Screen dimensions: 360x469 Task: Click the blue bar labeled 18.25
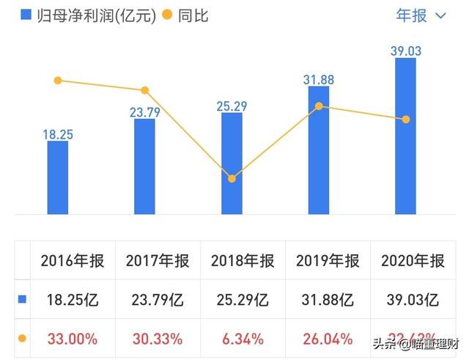click(58, 177)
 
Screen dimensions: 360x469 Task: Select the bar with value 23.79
click(144, 166)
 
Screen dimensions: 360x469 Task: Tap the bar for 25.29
click(232, 164)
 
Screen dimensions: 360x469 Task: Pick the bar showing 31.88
click(319, 150)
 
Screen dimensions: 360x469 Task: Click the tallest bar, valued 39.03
click(405, 136)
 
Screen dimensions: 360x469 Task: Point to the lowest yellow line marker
click(232, 178)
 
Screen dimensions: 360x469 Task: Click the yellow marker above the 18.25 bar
click(58, 80)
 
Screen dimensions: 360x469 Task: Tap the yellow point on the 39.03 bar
click(405, 119)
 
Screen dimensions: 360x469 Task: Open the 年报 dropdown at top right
click(421, 15)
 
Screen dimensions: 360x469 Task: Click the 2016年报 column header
click(73, 260)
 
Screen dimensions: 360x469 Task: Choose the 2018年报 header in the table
click(243, 260)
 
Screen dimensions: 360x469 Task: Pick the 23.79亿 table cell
click(158, 300)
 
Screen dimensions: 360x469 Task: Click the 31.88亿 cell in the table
click(328, 300)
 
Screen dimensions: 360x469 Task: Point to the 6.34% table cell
click(243, 339)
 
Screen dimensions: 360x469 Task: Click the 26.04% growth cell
click(328, 339)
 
